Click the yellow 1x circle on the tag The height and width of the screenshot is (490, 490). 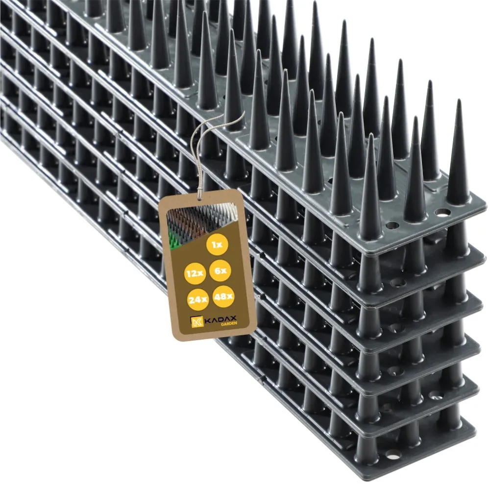coord(217,245)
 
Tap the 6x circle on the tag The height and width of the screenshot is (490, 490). coord(220,270)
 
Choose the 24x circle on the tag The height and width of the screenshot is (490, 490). coord(197,300)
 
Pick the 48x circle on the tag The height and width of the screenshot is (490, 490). coord(223,296)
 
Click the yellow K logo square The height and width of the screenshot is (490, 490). coord(197,322)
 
